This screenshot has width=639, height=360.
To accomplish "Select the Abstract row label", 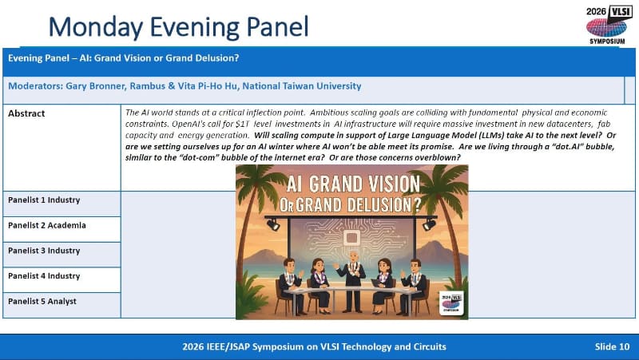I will click(26, 113).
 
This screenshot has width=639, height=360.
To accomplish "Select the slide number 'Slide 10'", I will click(612, 346).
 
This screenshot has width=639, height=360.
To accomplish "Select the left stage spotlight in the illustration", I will click(273, 224).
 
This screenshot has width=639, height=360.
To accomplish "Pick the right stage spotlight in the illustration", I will click(428, 224).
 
